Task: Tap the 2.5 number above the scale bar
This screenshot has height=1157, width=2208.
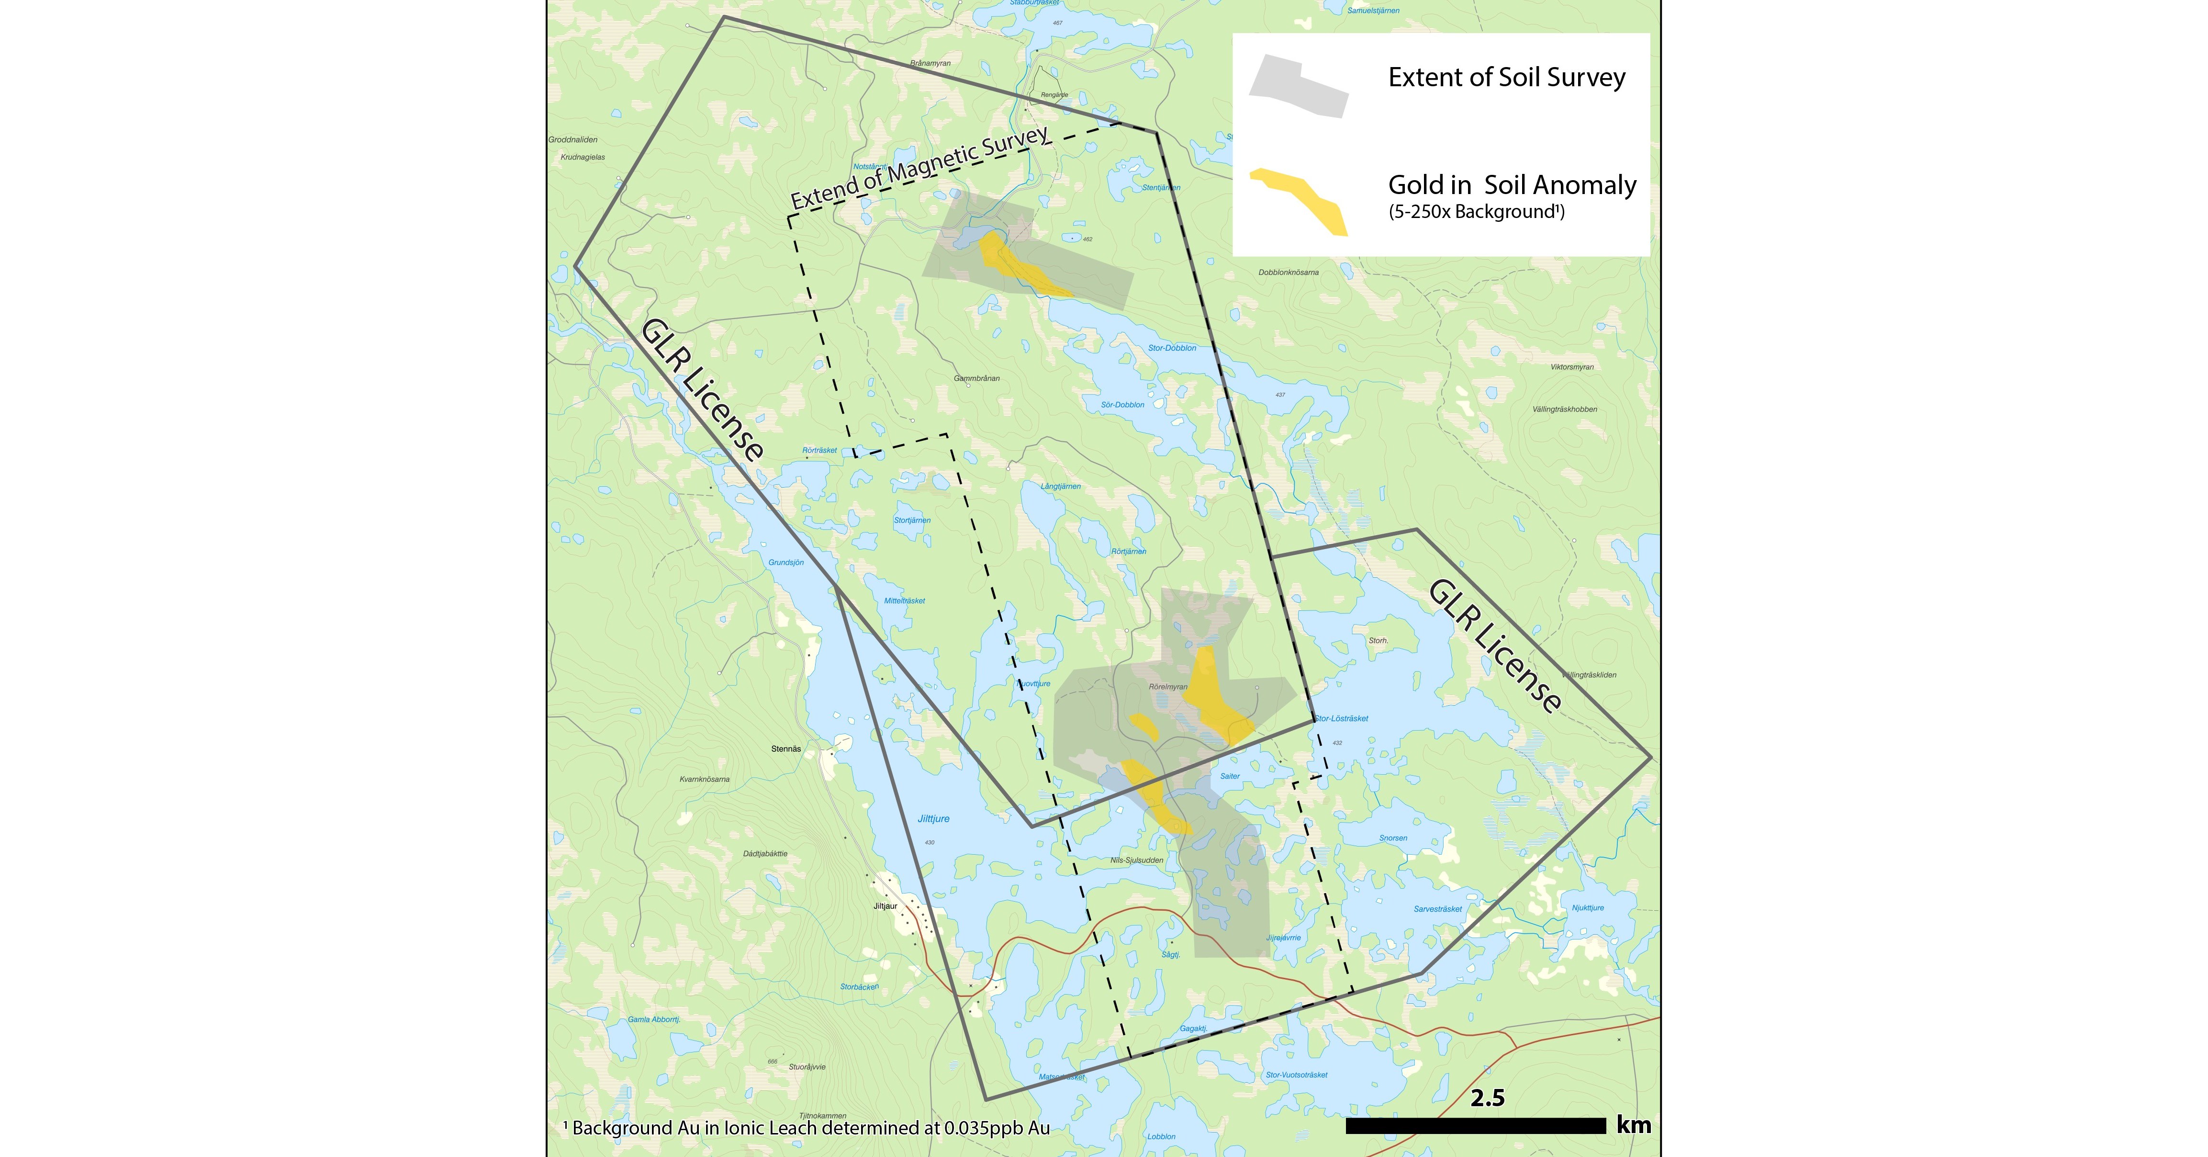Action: pyautogui.click(x=1487, y=1098)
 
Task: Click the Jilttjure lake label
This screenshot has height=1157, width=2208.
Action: pyautogui.click(x=933, y=819)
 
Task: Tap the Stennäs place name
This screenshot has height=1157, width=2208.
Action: pyautogui.click(x=786, y=749)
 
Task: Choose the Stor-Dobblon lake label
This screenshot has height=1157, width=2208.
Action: pyautogui.click(x=1172, y=348)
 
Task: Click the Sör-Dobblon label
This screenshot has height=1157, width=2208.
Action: pyautogui.click(x=1122, y=405)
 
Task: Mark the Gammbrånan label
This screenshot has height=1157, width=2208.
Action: pyautogui.click(x=976, y=378)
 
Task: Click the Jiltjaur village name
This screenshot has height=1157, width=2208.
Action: pyautogui.click(x=885, y=905)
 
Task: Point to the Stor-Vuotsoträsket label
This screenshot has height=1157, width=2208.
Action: pyautogui.click(x=1296, y=1075)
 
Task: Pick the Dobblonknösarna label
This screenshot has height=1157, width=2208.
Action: pyautogui.click(x=1289, y=273)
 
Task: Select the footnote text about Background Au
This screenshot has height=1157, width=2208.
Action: pyautogui.click(x=806, y=1128)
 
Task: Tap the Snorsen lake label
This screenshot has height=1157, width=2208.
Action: pyautogui.click(x=1393, y=838)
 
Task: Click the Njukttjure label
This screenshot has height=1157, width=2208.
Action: pyautogui.click(x=1587, y=907)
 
